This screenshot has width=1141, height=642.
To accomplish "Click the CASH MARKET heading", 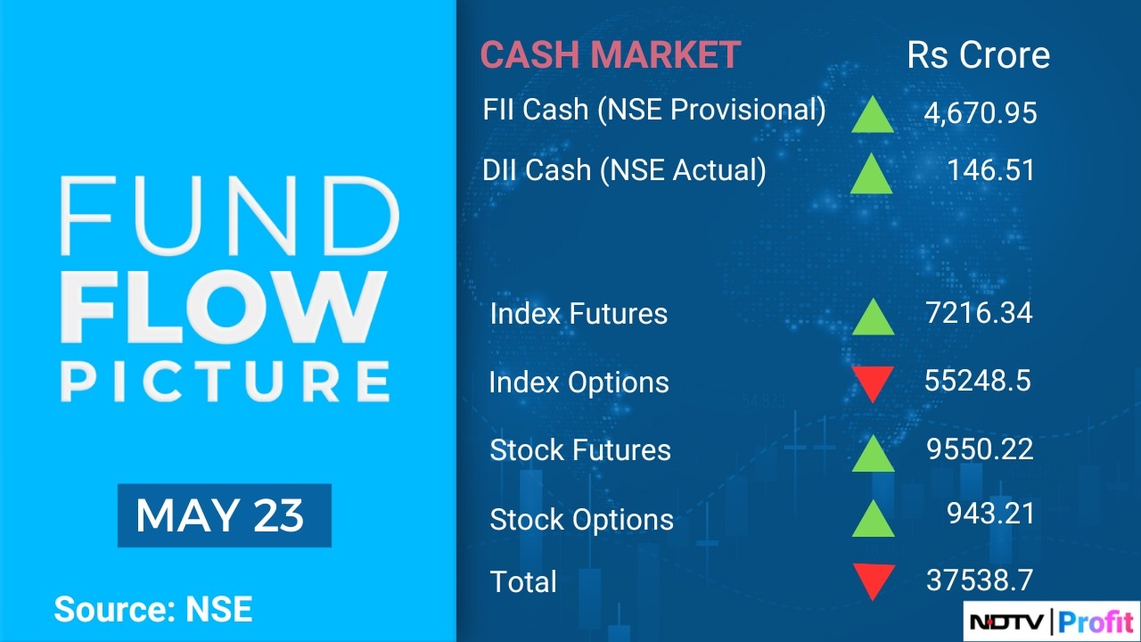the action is [x=611, y=54].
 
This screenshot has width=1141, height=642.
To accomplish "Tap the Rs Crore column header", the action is [x=978, y=55].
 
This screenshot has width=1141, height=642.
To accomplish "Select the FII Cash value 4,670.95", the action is [x=981, y=112].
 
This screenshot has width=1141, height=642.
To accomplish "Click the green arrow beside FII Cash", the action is [x=873, y=115].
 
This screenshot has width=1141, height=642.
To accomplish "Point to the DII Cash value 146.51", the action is [x=991, y=169].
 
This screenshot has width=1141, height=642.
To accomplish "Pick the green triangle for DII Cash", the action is [x=872, y=173].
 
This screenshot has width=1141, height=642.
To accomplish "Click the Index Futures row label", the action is [x=579, y=313].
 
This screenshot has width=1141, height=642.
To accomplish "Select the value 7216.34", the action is [x=979, y=312].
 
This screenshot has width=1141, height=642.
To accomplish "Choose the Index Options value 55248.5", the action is [x=978, y=381].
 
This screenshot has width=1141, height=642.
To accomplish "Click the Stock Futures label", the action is [x=580, y=450].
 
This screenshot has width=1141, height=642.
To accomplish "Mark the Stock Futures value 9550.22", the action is [x=980, y=449].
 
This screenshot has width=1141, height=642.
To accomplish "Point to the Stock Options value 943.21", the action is [x=990, y=513].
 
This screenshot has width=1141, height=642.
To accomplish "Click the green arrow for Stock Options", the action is [x=873, y=518].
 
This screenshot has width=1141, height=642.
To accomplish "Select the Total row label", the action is [x=523, y=581].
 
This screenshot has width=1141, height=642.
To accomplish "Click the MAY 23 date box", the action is [x=225, y=515].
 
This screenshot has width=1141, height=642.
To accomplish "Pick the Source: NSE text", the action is [x=153, y=609].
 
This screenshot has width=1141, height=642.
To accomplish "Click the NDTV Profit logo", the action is [x=1051, y=621].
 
